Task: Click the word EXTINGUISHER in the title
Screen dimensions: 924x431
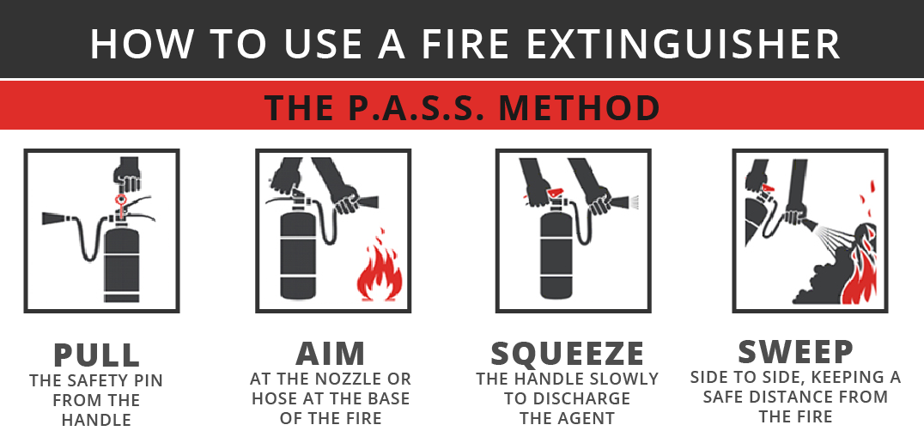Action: [683, 44]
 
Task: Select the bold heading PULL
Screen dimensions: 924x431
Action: [97, 355]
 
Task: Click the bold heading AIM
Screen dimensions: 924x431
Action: [331, 353]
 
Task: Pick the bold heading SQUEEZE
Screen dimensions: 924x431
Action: [567, 353]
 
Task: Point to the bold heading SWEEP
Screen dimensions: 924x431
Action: [795, 351]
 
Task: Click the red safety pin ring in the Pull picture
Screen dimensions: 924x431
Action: [121, 200]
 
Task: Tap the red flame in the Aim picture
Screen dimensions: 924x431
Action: [380, 266]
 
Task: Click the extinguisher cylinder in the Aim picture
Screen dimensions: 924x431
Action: [298, 253]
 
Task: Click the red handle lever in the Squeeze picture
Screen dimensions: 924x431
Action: [555, 192]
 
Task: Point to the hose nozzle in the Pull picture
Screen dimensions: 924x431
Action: [55, 218]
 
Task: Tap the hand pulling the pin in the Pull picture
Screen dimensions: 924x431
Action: [126, 174]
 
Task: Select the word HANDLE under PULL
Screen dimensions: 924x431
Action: [96, 420]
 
